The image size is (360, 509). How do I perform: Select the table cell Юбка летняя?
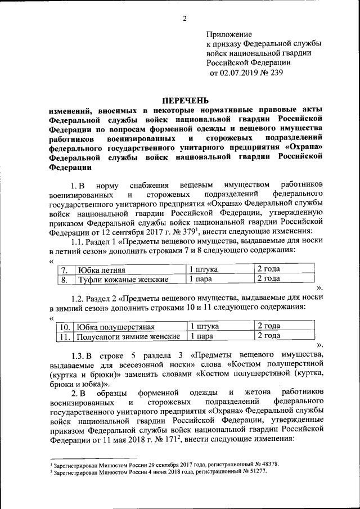101,269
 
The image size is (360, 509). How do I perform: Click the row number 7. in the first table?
66,269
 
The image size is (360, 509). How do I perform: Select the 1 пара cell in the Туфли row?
201,279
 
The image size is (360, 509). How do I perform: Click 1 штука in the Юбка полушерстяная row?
204,327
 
